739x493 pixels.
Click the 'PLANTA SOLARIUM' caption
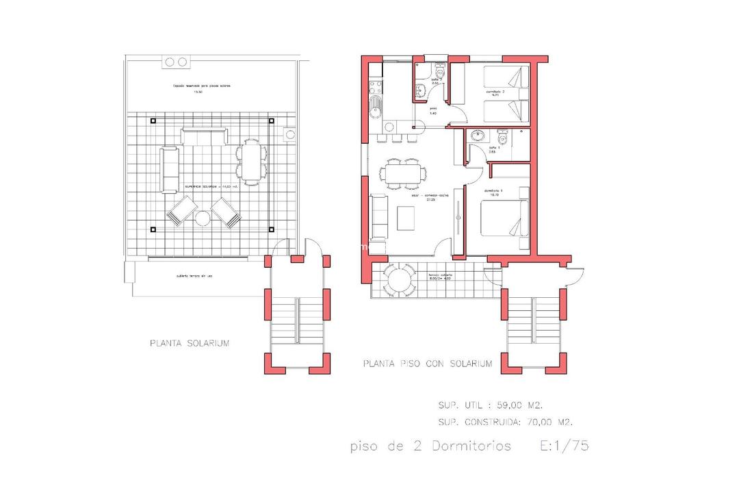coord(190,343)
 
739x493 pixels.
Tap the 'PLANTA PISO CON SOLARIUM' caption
coord(428,364)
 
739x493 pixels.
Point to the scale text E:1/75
coord(565,446)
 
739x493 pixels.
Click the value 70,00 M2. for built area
coord(549,422)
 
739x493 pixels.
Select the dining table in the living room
coord(402,173)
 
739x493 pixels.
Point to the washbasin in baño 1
coord(477,135)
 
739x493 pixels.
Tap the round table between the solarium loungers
coord(203,218)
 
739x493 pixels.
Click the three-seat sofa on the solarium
coord(203,136)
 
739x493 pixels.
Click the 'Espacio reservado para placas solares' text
coord(203,86)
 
